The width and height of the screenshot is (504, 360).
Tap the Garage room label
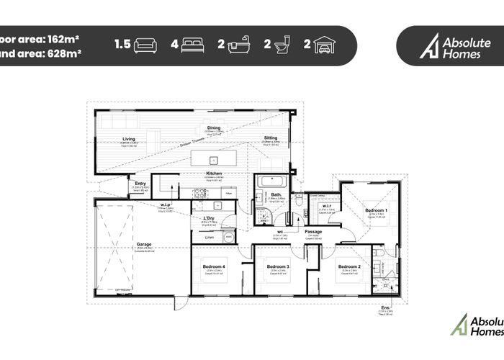click(x=144, y=245)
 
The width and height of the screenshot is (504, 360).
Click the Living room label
click(x=129, y=139)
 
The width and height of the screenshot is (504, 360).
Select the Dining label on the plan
click(x=214, y=129)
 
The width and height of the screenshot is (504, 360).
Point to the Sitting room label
click(x=270, y=138)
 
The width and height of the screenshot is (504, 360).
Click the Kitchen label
click(x=213, y=174)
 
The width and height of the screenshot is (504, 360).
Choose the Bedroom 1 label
click(x=375, y=210)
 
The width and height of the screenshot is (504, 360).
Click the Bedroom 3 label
click(x=278, y=266)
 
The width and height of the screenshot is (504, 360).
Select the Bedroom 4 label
click(x=215, y=266)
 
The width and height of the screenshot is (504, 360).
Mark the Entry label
click(x=140, y=184)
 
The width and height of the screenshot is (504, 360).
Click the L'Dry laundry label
click(x=210, y=219)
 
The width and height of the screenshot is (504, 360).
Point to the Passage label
click(x=312, y=232)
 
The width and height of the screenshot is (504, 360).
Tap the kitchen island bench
click(x=214, y=159)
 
